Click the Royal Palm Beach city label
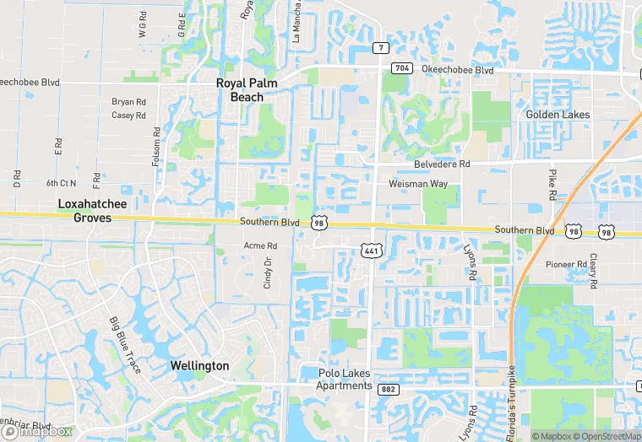252,89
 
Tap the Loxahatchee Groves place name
84,210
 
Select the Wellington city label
199,366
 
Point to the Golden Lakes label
558,114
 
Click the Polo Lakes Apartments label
345,380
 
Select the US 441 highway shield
370,250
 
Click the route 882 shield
389,389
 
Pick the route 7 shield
382,47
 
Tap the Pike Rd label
552,185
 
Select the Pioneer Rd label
565,264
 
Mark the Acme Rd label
260,245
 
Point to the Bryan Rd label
129,102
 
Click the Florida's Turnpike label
512,397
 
